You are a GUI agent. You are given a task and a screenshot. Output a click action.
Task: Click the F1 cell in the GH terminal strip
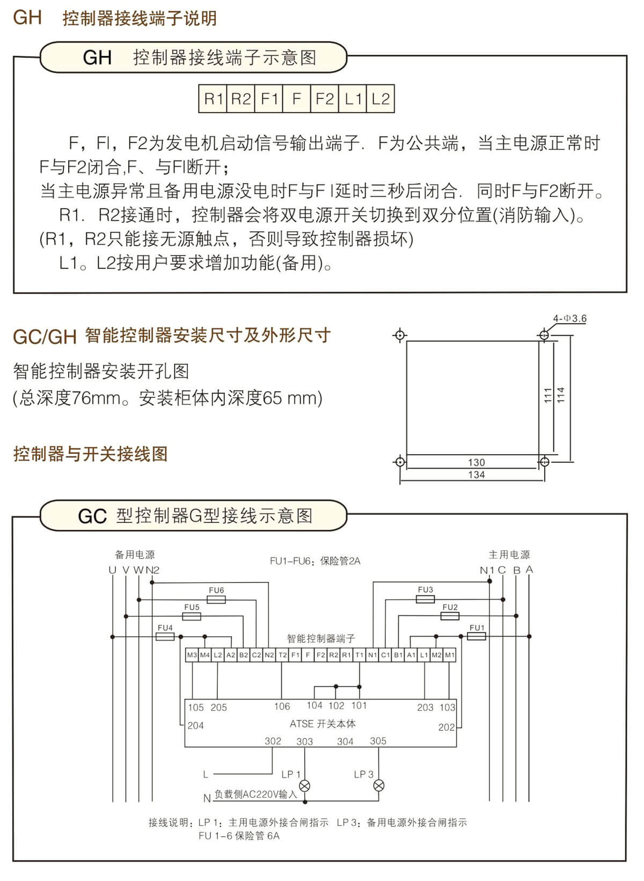point(268,99)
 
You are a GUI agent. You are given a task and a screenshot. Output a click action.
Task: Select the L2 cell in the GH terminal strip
point(380,99)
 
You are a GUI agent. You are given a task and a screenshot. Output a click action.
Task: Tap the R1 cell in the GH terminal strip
point(213,99)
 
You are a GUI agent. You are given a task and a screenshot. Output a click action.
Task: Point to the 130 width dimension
point(476,462)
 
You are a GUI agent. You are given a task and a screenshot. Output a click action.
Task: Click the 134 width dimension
point(476,475)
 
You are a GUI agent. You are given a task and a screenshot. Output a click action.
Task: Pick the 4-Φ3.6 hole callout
point(569,318)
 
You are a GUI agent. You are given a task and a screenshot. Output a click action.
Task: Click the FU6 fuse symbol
point(216,599)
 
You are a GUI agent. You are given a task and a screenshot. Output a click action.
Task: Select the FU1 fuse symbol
point(476,636)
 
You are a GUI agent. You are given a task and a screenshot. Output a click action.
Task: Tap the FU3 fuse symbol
point(426,599)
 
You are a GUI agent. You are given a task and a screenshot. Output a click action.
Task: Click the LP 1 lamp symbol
point(305,785)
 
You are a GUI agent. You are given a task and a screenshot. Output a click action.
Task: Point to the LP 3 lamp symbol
point(378,785)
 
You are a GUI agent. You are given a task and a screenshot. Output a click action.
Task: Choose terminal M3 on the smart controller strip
point(192,655)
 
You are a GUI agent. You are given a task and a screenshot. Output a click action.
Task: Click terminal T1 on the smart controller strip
point(360,655)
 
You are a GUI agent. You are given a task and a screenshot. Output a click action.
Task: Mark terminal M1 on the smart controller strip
point(449,655)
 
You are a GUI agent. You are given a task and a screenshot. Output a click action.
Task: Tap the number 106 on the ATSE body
point(282,707)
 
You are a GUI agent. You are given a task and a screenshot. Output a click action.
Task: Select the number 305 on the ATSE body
point(378,740)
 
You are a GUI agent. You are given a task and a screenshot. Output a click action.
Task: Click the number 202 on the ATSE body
point(447,727)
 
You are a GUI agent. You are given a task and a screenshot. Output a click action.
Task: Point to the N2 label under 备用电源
point(152,570)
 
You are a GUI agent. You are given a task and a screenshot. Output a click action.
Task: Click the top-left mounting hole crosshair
point(400,335)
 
